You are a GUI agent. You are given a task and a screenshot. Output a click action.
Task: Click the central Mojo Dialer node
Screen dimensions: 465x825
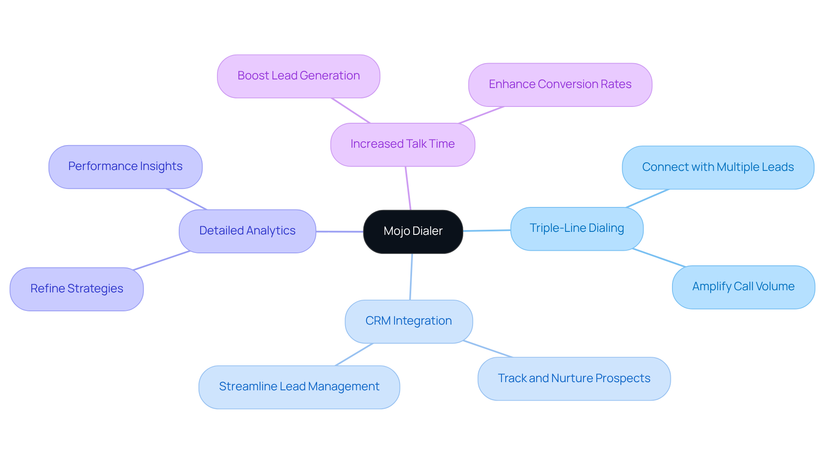(x=413, y=231)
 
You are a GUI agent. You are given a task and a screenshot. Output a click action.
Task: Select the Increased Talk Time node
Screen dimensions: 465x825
(x=403, y=144)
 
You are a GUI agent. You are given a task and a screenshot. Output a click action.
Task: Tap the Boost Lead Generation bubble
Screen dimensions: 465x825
(x=298, y=76)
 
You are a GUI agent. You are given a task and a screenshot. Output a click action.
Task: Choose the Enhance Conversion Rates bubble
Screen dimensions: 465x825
(x=560, y=85)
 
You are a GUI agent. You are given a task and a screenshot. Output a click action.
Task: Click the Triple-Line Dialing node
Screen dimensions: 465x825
(x=577, y=228)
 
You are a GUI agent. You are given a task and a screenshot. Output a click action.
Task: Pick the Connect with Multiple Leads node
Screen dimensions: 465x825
(x=718, y=167)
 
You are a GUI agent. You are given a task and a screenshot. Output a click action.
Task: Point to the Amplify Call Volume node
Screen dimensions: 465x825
(x=743, y=287)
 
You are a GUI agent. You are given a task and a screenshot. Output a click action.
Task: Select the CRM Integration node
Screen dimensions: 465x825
(x=408, y=321)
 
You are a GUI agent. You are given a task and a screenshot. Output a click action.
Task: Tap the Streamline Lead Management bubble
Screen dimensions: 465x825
(x=299, y=387)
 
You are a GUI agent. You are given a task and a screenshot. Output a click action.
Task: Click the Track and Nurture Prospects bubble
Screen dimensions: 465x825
(x=574, y=379)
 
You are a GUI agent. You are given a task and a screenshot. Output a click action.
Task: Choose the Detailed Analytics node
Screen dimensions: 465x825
(x=247, y=231)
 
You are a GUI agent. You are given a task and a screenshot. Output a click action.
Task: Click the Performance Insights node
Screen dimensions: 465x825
(x=125, y=167)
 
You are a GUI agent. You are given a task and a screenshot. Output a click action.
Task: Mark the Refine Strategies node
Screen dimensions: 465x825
(x=76, y=289)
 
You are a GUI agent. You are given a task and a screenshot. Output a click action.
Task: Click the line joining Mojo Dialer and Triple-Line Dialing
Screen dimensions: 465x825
(x=487, y=231)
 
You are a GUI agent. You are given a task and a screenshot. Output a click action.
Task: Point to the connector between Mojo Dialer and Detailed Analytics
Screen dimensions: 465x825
(x=339, y=231)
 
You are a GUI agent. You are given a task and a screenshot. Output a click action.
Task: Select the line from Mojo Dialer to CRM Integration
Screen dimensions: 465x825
(x=411, y=277)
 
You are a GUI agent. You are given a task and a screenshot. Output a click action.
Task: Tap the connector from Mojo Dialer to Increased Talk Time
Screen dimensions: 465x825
(x=408, y=188)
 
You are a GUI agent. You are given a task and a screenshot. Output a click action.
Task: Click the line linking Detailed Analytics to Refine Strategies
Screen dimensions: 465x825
(x=162, y=261)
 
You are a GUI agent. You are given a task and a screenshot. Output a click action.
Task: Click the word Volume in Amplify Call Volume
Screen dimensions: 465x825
(x=775, y=286)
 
